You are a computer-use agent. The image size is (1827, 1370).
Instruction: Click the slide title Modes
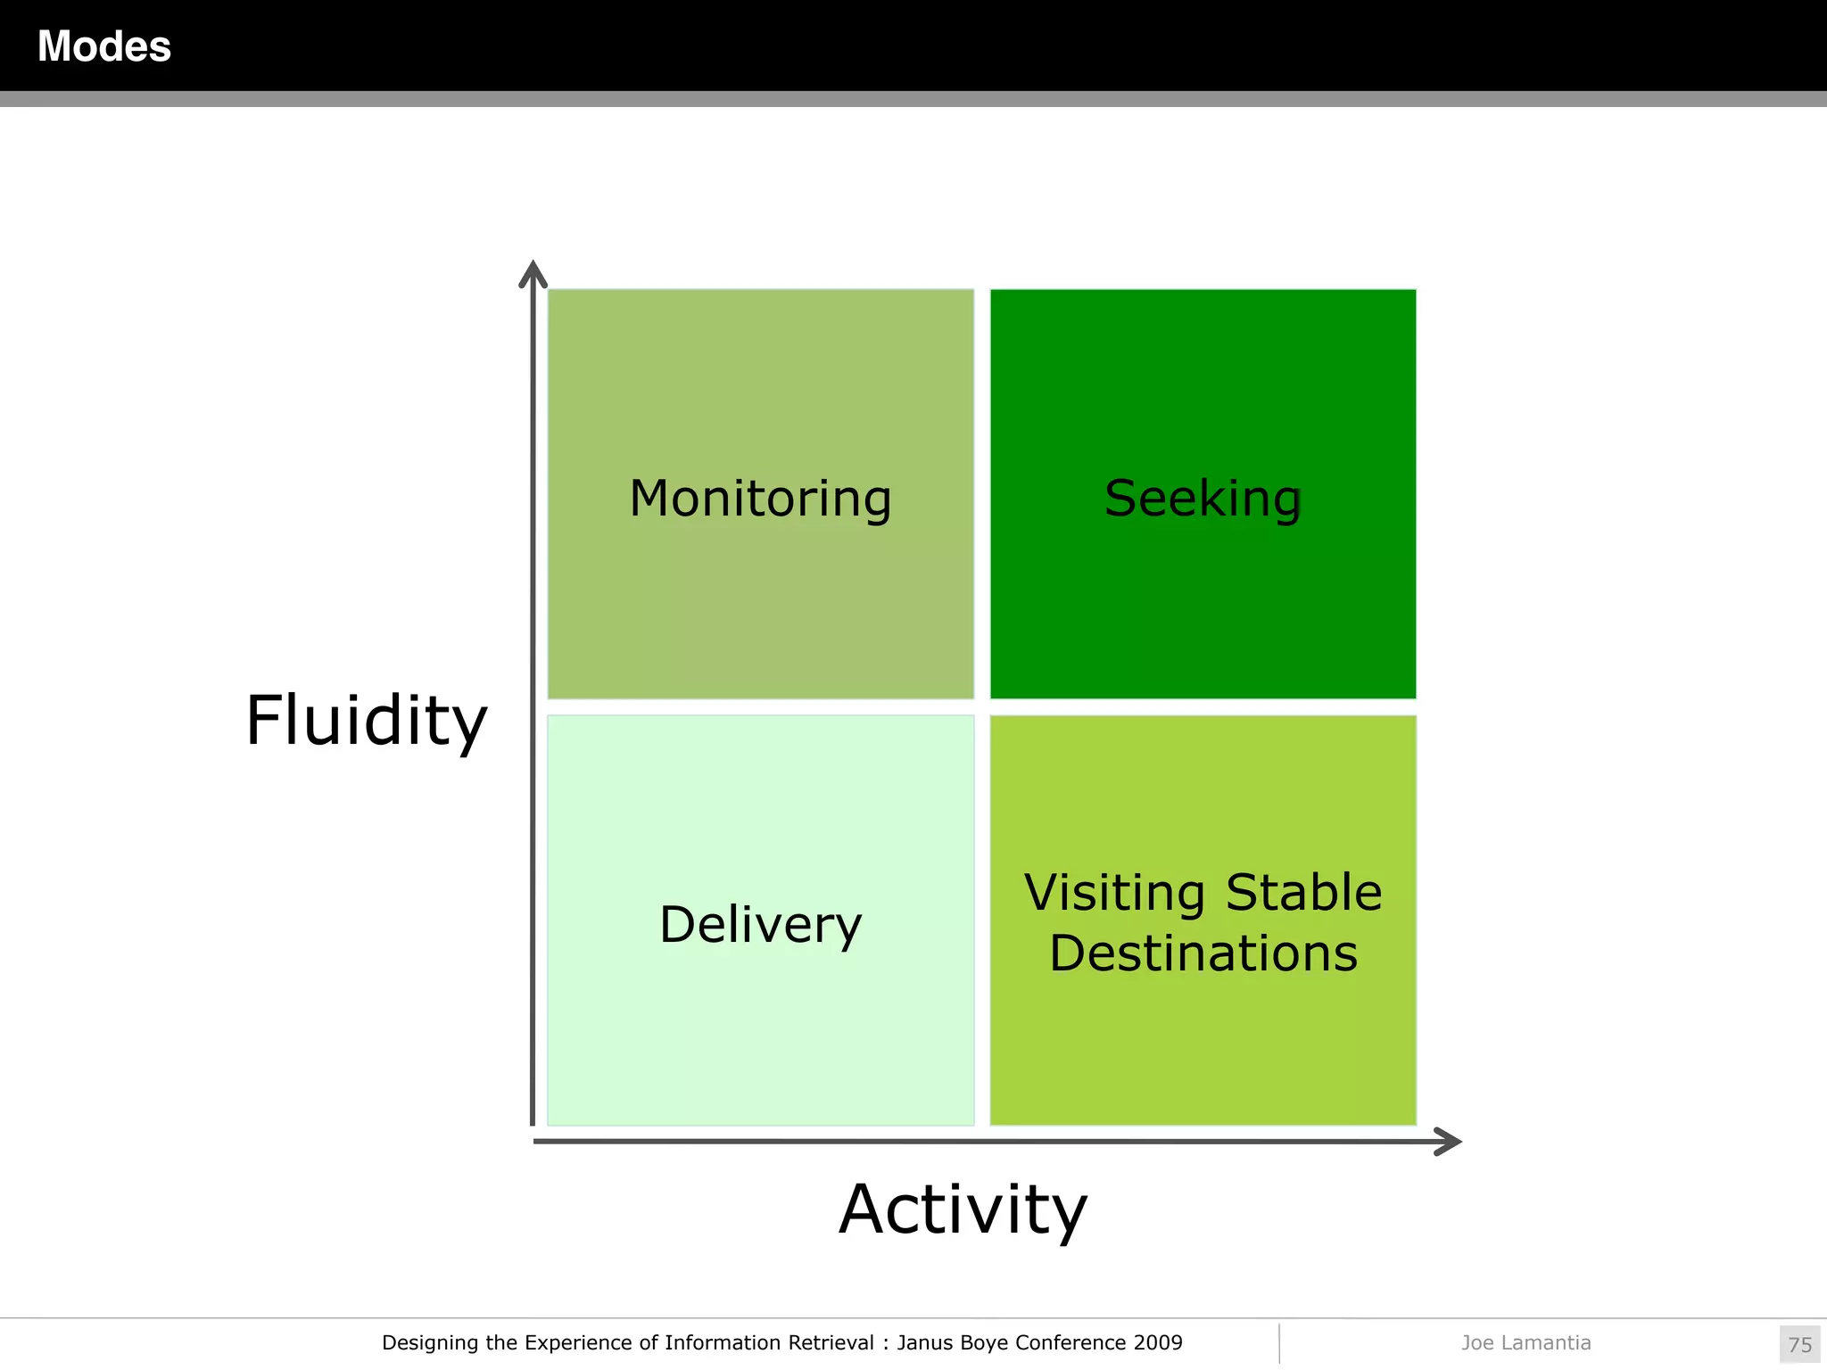[104, 46]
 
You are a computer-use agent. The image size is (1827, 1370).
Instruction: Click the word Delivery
[760, 924]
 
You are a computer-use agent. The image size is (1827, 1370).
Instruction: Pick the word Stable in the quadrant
[1303, 893]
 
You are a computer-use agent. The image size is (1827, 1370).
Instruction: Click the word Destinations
[1203, 953]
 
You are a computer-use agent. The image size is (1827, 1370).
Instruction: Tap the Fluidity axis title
[366, 721]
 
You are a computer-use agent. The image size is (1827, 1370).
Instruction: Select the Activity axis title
[963, 1209]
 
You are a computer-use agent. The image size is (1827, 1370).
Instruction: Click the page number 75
[1799, 1344]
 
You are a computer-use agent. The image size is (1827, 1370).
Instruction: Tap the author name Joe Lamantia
[1525, 1342]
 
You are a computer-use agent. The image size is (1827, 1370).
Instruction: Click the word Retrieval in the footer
[831, 1342]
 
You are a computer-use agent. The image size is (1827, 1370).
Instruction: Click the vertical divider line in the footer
[1279, 1342]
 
